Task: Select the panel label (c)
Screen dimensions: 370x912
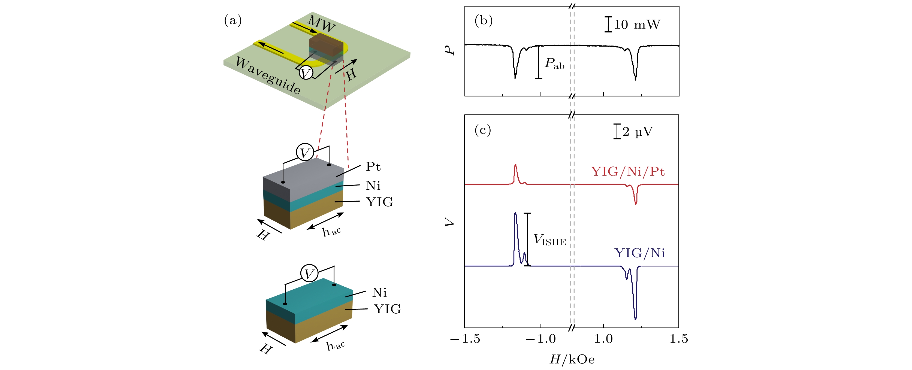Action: (482, 130)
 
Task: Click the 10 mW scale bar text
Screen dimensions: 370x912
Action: (637, 25)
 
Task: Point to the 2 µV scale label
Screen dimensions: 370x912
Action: (637, 132)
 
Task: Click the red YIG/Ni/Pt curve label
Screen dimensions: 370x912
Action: (627, 172)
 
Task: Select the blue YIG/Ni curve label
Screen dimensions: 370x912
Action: (639, 253)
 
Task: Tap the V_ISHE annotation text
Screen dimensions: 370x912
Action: (549, 240)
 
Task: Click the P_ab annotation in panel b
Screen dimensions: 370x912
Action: (554, 64)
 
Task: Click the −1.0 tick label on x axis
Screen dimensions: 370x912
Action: (540, 339)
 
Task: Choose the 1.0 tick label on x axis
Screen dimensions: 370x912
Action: (603, 339)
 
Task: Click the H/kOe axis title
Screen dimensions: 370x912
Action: (572, 359)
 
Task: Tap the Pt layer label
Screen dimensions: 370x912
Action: (373, 166)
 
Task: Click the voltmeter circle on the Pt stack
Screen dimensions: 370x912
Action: (304, 153)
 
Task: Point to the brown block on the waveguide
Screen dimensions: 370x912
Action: (326, 44)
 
